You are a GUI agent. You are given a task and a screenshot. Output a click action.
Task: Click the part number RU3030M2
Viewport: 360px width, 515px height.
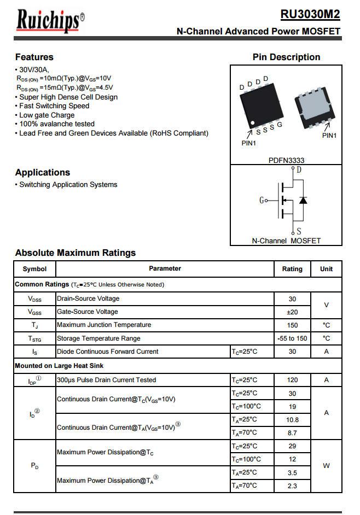click(x=310, y=14)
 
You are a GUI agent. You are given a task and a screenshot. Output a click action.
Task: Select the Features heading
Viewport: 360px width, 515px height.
click(x=34, y=57)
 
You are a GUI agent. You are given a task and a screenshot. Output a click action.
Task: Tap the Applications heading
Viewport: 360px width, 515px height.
click(x=43, y=172)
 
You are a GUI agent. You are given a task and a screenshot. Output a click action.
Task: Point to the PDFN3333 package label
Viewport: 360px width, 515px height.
click(x=286, y=160)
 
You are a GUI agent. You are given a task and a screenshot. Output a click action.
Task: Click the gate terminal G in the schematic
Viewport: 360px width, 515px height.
click(x=262, y=201)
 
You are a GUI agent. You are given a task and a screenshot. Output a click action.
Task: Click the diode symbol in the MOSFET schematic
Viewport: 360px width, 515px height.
click(x=303, y=200)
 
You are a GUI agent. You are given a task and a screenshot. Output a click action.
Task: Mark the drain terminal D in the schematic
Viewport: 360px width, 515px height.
click(x=299, y=169)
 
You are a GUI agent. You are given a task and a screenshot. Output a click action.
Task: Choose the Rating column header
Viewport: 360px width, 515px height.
click(x=292, y=269)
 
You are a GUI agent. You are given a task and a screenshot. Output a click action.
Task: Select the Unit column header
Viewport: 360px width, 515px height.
click(x=326, y=269)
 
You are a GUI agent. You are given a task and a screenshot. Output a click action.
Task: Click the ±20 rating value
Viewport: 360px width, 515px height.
click(x=292, y=312)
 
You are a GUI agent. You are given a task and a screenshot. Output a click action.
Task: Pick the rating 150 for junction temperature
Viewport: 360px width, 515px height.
click(x=292, y=325)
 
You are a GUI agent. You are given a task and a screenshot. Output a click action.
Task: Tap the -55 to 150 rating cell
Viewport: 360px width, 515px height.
click(x=292, y=338)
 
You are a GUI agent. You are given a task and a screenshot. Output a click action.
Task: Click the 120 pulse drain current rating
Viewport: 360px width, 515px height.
click(x=292, y=380)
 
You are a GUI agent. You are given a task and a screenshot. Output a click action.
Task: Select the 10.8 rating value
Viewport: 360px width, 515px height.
click(x=292, y=420)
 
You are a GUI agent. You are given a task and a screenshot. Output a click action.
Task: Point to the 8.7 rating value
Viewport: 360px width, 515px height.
click(x=292, y=433)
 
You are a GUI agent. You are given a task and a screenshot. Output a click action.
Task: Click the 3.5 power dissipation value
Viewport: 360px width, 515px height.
click(x=292, y=472)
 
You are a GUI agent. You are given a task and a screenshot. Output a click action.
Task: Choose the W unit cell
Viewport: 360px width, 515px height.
click(x=326, y=466)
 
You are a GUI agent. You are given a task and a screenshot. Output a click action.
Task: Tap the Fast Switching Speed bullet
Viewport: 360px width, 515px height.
click(x=54, y=106)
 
